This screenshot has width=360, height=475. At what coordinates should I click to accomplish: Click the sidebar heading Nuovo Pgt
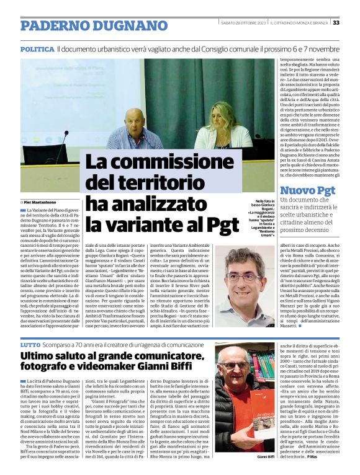pos(307,190)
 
